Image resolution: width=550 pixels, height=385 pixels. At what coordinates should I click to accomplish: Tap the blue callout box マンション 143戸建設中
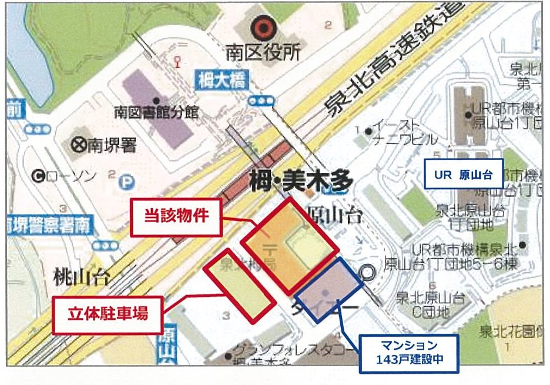pyautogui.click(x=409, y=353)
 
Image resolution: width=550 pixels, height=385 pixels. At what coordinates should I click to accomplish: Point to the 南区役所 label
pyautogui.click(x=263, y=54)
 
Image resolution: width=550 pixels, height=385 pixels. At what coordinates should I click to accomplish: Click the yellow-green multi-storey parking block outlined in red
pyautogui.click(x=239, y=285)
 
